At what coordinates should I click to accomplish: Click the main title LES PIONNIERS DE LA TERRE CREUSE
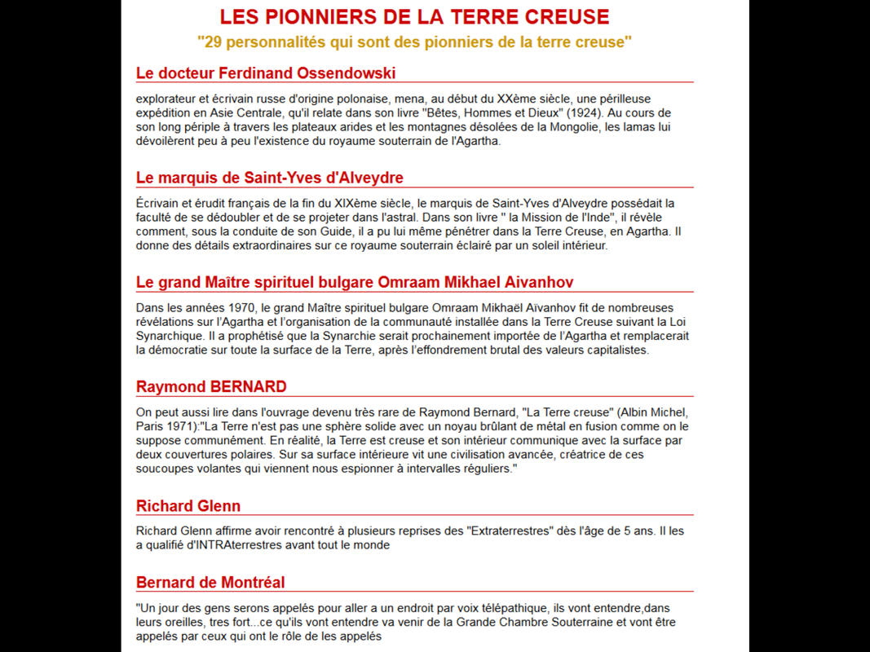(414, 17)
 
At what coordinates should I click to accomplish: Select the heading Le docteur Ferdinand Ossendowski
(266, 73)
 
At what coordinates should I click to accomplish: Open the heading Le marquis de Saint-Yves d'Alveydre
(269, 178)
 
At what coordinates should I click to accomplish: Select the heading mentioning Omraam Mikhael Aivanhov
(355, 282)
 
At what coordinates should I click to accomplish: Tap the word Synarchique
(168, 335)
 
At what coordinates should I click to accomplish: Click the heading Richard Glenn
(188, 505)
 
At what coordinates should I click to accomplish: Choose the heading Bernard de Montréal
(210, 582)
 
